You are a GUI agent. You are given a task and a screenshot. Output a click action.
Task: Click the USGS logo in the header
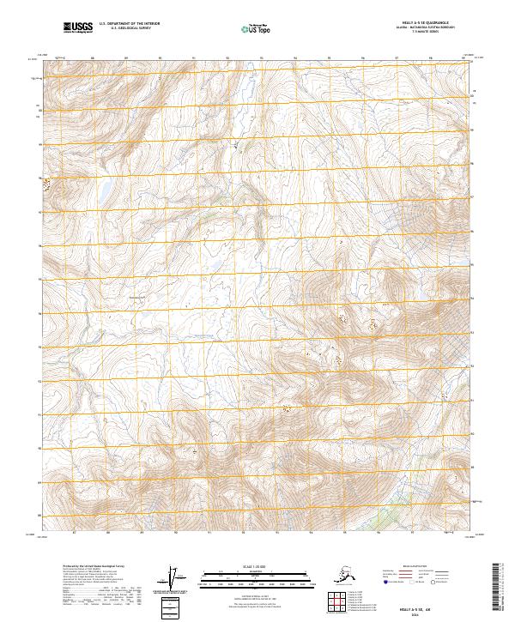[x=78, y=28]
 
